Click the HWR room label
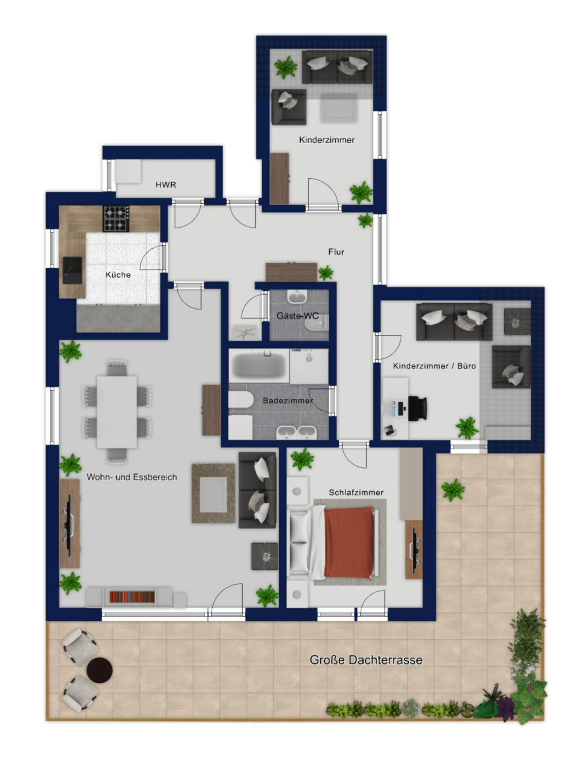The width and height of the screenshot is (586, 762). tap(166, 184)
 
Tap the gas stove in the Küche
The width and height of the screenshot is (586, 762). tap(116, 218)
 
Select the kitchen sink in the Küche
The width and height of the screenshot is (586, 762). tap(72, 270)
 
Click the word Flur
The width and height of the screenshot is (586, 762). tap(336, 251)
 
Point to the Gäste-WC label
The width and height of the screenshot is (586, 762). tap(298, 315)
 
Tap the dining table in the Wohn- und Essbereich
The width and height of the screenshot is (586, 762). tap(117, 411)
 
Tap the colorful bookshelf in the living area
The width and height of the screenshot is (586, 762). tap(132, 597)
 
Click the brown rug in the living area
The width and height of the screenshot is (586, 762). tap(213, 493)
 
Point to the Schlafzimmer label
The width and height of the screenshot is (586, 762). tap(356, 492)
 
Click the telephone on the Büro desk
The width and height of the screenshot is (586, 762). tap(388, 430)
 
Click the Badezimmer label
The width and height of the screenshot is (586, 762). tap(287, 400)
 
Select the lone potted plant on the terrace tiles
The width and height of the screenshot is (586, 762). tap(452, 490)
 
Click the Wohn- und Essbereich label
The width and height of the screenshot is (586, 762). tap(132, 477)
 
